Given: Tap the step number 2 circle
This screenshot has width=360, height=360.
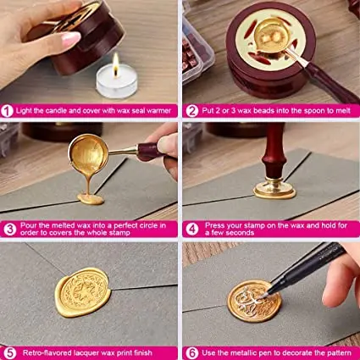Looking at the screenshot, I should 189,110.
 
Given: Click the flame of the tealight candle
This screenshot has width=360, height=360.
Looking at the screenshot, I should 114,62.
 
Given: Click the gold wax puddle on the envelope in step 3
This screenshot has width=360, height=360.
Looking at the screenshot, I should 90,198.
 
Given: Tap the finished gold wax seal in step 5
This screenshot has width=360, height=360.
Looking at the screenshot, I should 82,293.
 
